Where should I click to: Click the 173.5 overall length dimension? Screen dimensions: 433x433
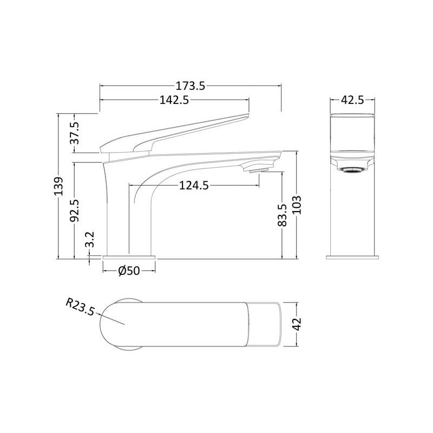pos(191,86)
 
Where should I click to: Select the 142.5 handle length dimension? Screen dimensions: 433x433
pos(174,100)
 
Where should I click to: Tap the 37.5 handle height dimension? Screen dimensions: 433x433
pos(75,133)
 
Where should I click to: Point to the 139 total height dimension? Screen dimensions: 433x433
pos(58,186)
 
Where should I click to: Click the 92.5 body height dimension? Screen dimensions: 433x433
pos(75,210)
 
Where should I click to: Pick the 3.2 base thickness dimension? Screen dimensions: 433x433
pos(90,239)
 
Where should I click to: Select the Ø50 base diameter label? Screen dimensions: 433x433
pos(129,271)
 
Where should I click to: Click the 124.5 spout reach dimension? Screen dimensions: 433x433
pos(194,185)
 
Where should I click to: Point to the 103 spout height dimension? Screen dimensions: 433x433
pos(297,205)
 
